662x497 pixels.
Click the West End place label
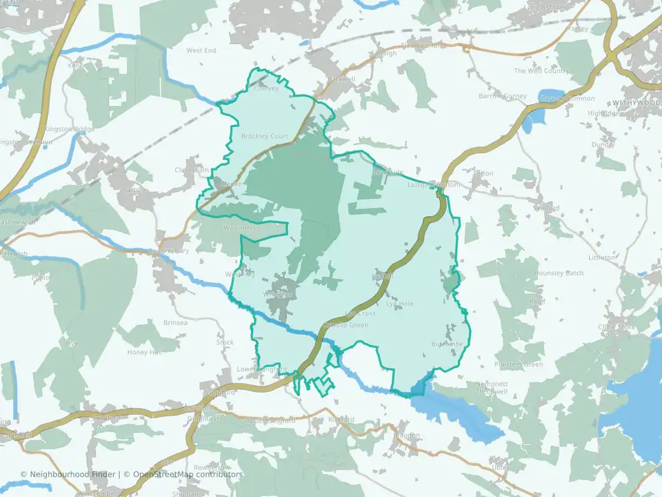201,51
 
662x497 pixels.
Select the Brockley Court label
264,137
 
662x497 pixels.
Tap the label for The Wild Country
541,71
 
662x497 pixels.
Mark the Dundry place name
603,145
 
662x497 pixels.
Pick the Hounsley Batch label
559,273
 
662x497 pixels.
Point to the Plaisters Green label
519,364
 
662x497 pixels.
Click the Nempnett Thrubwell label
492,388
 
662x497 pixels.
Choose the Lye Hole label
400,303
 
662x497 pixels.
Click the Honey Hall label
144,352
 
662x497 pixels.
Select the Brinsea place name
175,322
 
